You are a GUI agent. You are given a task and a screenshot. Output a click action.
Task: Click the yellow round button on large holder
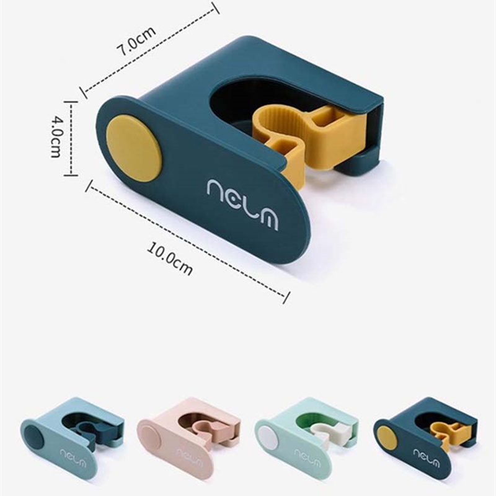(134, 149)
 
